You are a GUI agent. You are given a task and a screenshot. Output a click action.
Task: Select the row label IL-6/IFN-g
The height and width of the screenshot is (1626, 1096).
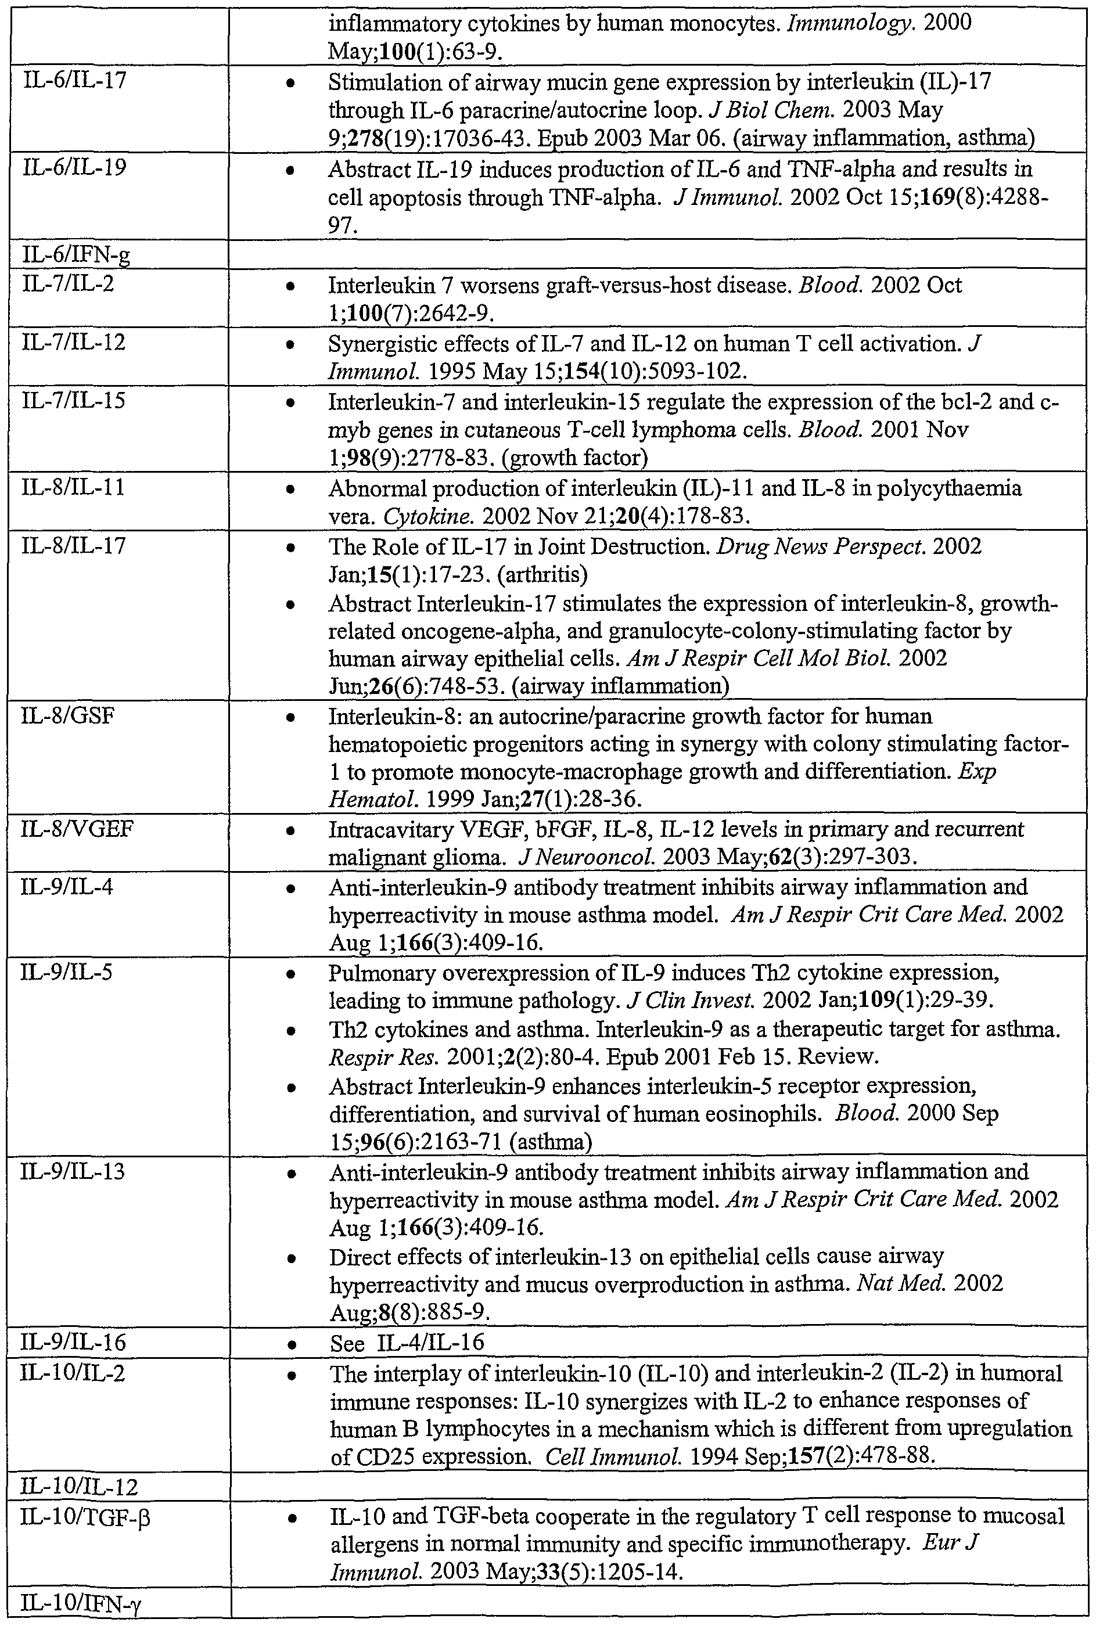pyautogui.click(x=76, y=256)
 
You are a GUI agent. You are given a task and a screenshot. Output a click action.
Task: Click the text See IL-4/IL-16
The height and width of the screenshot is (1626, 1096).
pyautogui.click(x=407, y=1342)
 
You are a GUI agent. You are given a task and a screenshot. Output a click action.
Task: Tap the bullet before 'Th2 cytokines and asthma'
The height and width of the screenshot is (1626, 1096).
pyautogui.click(x=292, y=1031)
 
